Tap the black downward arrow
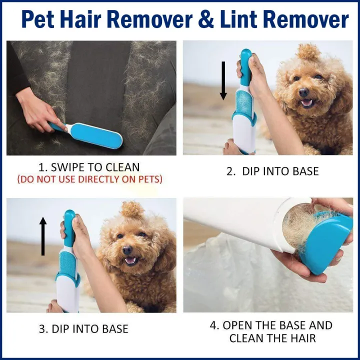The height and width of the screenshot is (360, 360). (x=223, y=80)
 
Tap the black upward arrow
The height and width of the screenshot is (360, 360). (x=43, y=236)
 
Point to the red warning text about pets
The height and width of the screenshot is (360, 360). (x=89, y=179)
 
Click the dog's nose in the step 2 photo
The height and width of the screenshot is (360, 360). (x=303, y=92)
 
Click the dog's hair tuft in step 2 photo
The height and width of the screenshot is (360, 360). (x=308, y=52)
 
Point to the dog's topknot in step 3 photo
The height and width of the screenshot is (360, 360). (x=132, y=209)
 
